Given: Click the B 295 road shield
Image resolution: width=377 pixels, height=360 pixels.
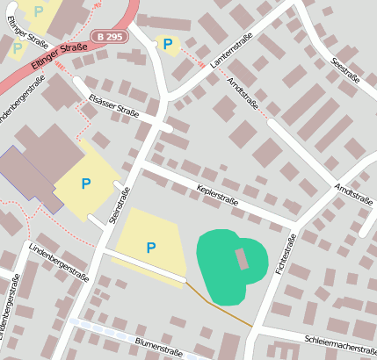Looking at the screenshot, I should tap(109, 36).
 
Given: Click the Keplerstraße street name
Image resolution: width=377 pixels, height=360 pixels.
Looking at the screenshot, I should tap(219, 188).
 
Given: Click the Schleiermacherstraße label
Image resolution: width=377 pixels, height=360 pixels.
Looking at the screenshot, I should tap(338, 340).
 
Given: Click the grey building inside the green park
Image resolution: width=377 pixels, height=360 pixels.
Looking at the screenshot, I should tap(242, 259).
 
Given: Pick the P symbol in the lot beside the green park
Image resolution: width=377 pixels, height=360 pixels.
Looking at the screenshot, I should tap(151, 248).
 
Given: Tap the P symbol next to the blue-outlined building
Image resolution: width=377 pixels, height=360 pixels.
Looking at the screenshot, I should tap(85, 184).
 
